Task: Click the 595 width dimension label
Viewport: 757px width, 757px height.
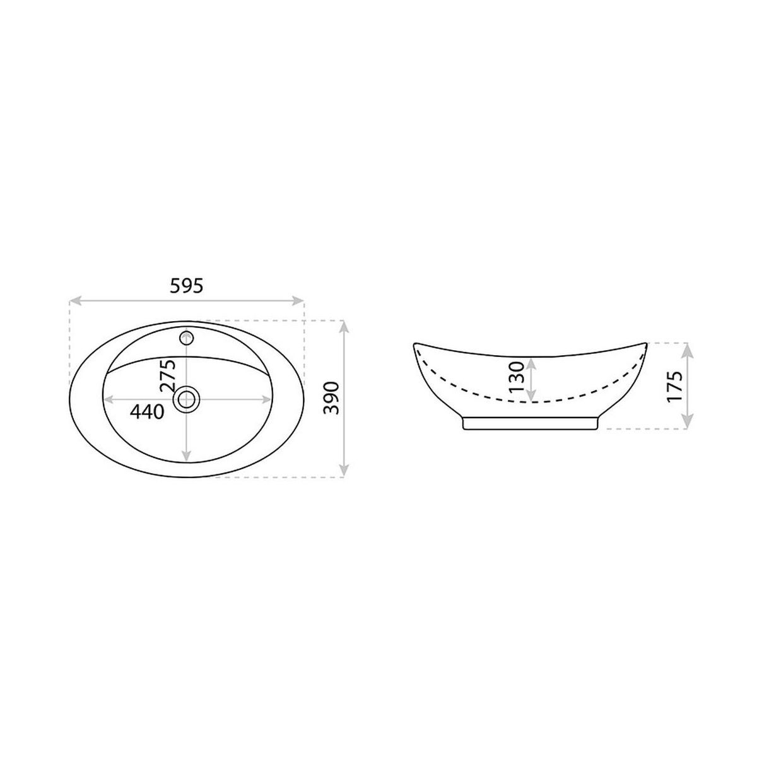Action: pos(186,286)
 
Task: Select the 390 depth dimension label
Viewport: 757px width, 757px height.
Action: pos(331,397)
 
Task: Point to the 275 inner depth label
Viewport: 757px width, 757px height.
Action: pos(167,375)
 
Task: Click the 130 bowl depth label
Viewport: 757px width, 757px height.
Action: pos(516,377)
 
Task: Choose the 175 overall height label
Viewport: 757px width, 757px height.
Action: pos(674,386)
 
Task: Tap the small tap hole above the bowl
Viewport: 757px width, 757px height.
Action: pos(187,337)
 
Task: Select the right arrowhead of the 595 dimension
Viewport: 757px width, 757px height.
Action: pos(298,302)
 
